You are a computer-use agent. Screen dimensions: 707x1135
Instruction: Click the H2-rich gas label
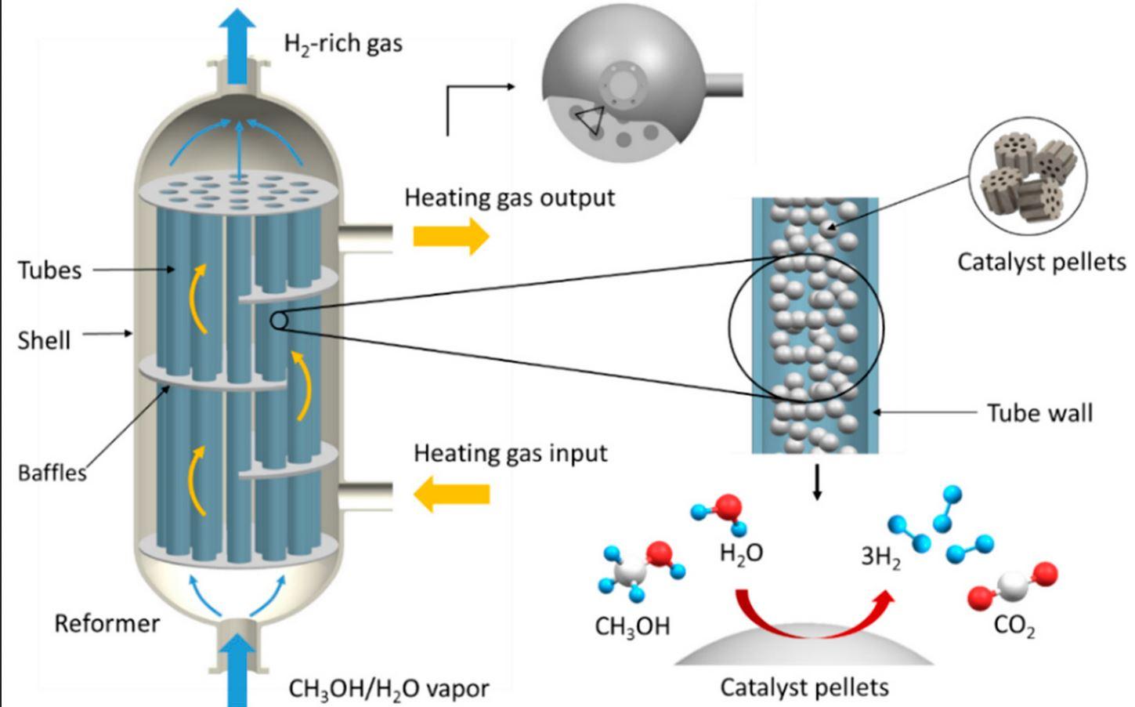(x=343, y=44)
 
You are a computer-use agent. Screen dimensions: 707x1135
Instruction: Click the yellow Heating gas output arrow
(x=451, y=235)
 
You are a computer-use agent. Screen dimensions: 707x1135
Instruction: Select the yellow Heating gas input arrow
(x=451, y=494)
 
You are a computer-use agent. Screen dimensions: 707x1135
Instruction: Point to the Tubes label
(x=50, y=270)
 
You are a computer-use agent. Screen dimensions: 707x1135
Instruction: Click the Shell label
(x=45, y=340)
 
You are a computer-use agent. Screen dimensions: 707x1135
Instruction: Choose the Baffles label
(x=52, y=473)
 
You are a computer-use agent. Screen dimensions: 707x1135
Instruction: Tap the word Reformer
(x=107, y=624)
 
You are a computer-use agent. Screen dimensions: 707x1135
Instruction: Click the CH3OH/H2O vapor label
(x=389, y=689)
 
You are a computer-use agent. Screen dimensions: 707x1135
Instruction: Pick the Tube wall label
(x=1039, y=413)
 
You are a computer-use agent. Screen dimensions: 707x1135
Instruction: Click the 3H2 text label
(x=880, y=557)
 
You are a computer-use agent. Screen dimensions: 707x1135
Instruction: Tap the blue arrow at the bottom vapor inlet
(x=237, y=670)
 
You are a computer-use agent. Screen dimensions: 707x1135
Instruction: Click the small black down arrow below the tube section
(x=818, y=483)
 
